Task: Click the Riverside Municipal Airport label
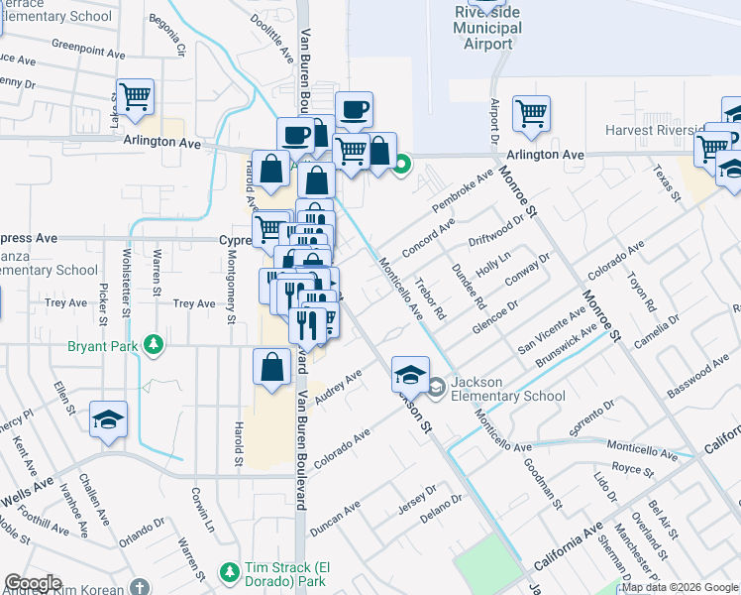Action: [487, 27]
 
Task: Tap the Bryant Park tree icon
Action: [153, 345]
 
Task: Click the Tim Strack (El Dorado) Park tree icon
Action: [229, 572]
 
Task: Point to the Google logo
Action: [33, 583]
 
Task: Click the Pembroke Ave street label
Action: [462, 193]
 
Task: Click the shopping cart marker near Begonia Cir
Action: [136, 97]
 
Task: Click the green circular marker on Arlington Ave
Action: [401, 165]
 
